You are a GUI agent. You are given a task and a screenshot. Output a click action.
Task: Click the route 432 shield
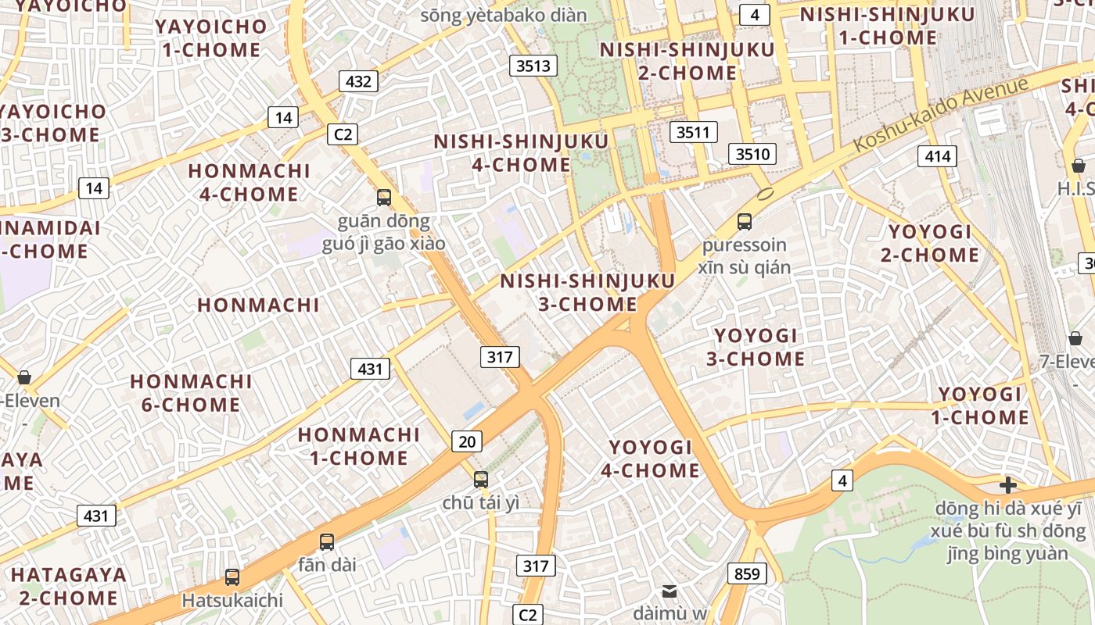pos(359,81)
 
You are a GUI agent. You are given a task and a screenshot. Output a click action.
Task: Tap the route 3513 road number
pos(533,66)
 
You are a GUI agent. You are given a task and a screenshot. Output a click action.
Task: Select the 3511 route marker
pos(693,132)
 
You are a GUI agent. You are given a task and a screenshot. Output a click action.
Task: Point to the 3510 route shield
pos(752,154)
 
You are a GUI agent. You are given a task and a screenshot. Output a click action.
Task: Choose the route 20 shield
pos(466,441)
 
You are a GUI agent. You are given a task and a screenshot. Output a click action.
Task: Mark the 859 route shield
pos(747,573)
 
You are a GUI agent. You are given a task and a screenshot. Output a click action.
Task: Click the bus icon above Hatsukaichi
pos(232,577)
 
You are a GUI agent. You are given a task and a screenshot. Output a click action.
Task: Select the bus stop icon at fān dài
pos(327,541)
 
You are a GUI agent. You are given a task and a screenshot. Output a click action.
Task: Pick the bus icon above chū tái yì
pos(481,479)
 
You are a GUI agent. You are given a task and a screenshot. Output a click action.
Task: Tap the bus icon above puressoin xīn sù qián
pos(745,221)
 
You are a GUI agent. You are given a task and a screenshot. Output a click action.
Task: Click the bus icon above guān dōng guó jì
pos(384,197)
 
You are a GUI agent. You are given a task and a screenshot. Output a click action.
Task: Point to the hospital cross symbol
pos(1008,485)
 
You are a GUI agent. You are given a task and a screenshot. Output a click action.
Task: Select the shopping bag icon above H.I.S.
pos(1079,166)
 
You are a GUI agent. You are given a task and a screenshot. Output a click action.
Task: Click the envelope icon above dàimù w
pos(670,591)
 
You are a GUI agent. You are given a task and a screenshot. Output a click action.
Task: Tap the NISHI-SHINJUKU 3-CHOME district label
pos(587,292)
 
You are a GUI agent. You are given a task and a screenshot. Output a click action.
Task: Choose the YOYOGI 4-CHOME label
pos(650,459)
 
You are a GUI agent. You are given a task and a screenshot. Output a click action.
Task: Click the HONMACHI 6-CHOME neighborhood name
pos(191,393)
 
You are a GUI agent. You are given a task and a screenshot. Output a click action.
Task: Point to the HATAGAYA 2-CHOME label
pos(69,586)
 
